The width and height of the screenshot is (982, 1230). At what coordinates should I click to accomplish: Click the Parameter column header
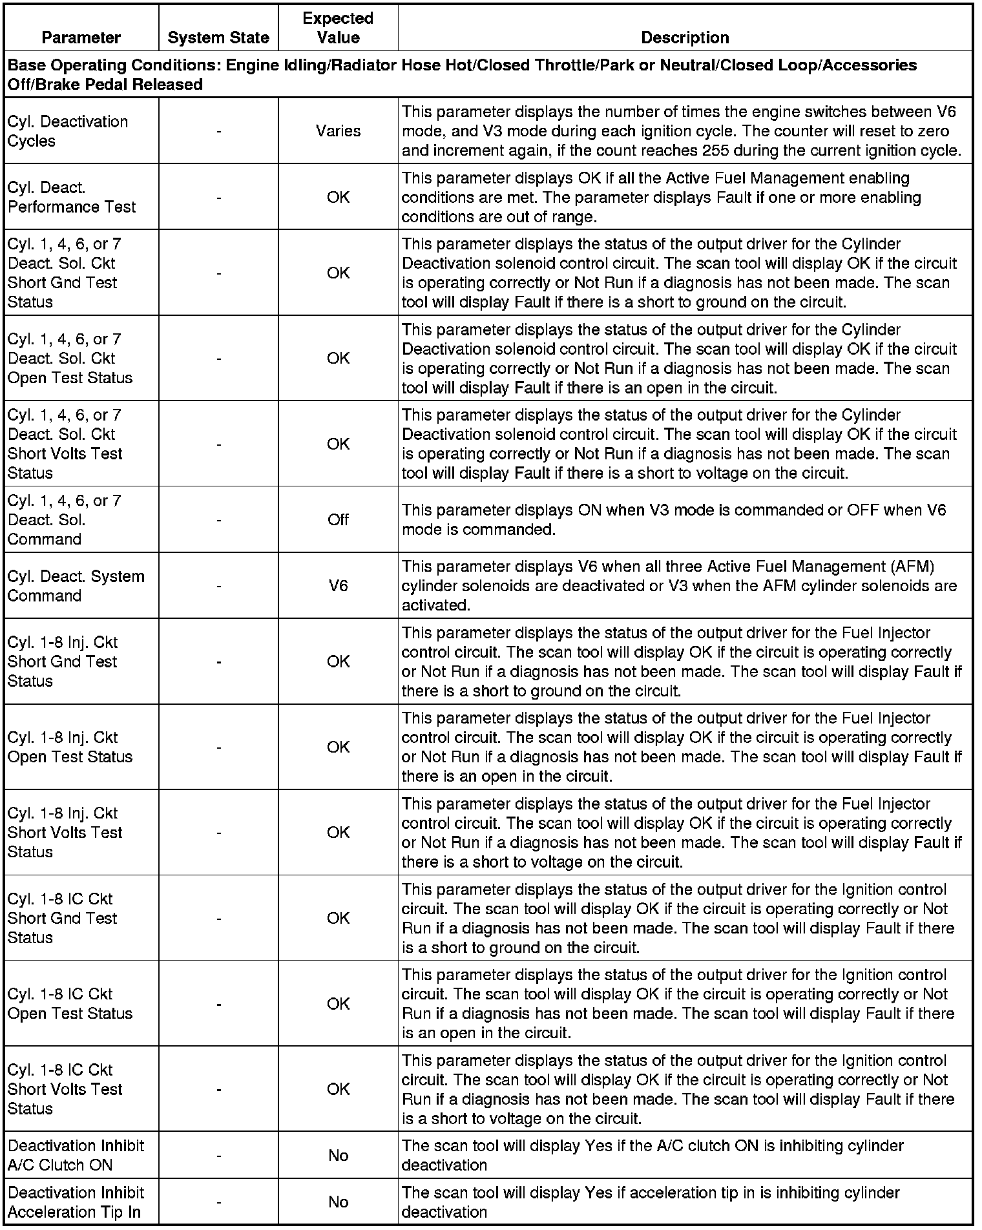[x=81, y=37]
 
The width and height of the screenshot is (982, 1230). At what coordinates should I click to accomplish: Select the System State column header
[x=218, y=37]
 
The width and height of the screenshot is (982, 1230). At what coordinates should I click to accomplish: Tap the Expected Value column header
[x=338, y=28]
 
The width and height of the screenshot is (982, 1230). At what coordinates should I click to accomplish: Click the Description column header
[x=685, y=37]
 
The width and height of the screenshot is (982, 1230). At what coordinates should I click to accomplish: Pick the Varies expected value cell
[x=338, y=131]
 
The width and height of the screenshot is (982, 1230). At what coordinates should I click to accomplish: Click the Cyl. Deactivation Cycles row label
[x=68, y=131]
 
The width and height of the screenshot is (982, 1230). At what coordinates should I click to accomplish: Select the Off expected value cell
[x=338, y=520]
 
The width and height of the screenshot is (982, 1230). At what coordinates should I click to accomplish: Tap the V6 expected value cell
[x=338, y=586]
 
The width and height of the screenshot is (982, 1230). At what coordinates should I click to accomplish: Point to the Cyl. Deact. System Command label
[x=76, y=586]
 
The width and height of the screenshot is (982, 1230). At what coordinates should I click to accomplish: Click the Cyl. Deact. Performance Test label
[x=72, y=197]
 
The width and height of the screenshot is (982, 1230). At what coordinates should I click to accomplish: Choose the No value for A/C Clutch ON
[x=338, y=1155]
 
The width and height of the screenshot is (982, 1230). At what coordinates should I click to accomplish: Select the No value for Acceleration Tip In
[x=338, y=1202]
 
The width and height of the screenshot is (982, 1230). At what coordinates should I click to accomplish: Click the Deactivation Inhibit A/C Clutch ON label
[x=76, y=1155]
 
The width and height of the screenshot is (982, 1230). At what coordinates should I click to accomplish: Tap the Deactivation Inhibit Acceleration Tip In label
[x=76, y=1202]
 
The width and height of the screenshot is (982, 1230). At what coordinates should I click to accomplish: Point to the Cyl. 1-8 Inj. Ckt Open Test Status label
[x=70, y=747]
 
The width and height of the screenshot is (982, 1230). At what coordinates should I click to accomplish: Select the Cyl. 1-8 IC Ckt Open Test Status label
[x=70, y=1003]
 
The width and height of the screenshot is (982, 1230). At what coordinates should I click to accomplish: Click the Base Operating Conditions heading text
[x=462, y=74]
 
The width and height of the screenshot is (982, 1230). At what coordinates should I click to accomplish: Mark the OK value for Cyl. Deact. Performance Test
[x=338, y=197]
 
